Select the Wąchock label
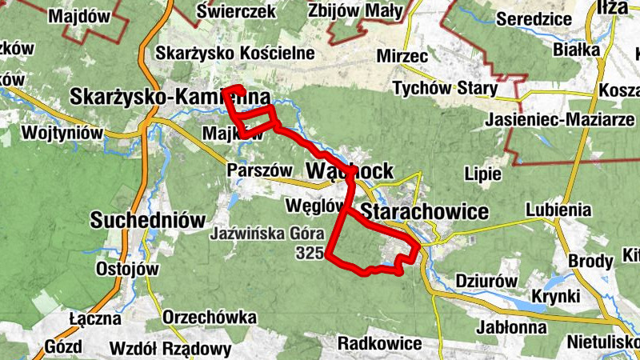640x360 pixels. [350, 170]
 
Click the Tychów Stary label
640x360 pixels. [445, 88]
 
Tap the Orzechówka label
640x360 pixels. [210, 318]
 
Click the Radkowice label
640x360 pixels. [379, 343]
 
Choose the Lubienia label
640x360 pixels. [558, 210]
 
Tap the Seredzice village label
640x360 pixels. [534, 18]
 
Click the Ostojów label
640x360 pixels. [127, 268]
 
